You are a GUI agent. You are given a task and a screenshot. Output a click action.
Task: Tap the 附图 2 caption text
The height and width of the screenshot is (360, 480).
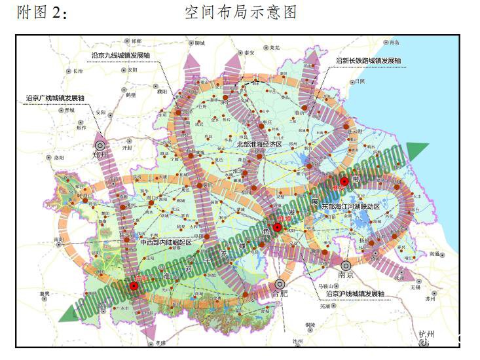43,13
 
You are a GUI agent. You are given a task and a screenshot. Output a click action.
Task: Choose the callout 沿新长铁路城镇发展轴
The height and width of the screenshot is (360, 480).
367,60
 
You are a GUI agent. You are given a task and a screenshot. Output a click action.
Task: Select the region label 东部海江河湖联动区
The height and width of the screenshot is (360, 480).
350,206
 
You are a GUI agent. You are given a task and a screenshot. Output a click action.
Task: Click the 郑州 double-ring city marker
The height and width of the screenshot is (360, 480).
100,146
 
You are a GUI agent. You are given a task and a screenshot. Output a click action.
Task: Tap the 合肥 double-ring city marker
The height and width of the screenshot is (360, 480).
280,284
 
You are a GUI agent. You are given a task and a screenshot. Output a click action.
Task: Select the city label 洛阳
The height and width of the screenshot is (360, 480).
60,158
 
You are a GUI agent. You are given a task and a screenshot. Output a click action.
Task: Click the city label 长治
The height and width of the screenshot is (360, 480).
78,70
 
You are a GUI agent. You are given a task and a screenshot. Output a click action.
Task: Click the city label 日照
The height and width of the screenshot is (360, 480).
360,82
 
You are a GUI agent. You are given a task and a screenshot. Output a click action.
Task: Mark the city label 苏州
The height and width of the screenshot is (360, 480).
430,298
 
